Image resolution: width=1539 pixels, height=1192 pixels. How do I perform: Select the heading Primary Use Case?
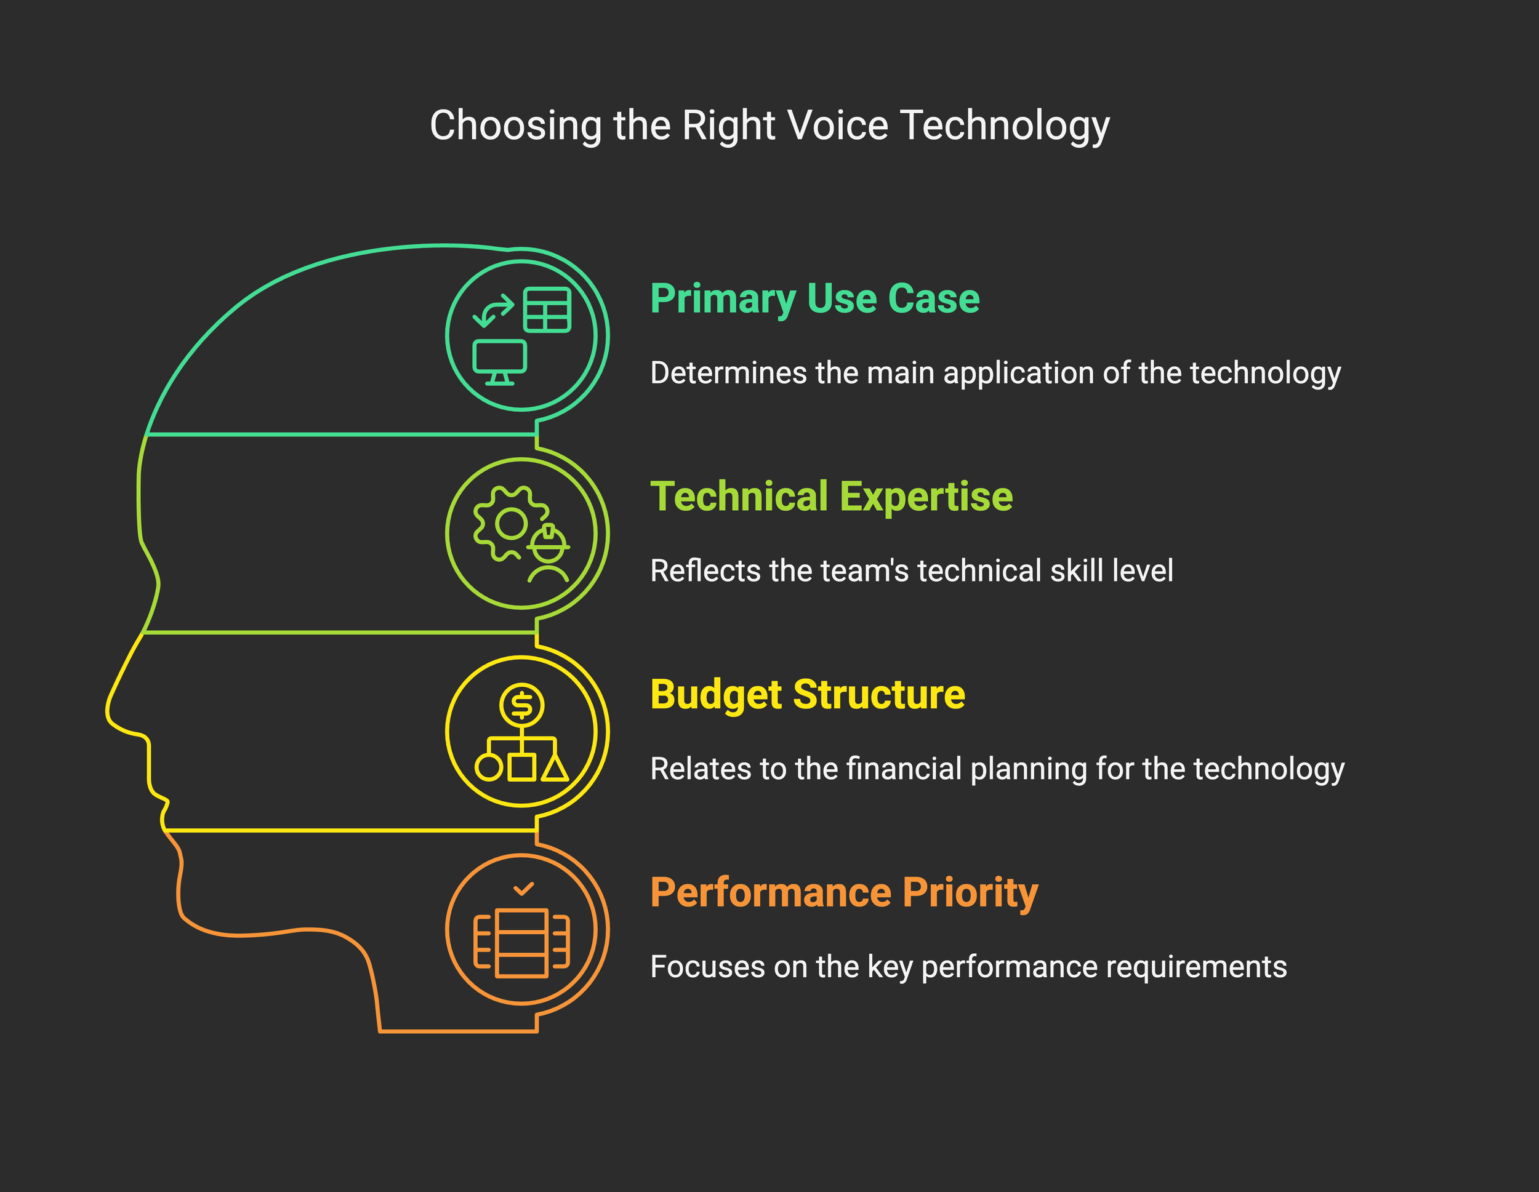(x=814, y=298)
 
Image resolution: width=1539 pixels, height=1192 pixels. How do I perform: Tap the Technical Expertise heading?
(x=832, y=497)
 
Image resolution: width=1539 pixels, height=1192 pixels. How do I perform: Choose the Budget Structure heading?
(x=808, y=695)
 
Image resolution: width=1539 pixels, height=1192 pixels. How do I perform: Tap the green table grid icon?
(x=547, y=310)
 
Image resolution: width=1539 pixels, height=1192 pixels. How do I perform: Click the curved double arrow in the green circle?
(x=492, y=311)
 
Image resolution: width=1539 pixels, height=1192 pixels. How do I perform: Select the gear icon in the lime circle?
(x=508, y=524)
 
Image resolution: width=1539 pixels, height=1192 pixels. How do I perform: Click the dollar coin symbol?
(x=521, y=705)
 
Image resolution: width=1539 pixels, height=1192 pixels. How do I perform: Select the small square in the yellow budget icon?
(x=521, y=767)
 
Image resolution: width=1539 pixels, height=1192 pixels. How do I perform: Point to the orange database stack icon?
(x=521, y=943)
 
